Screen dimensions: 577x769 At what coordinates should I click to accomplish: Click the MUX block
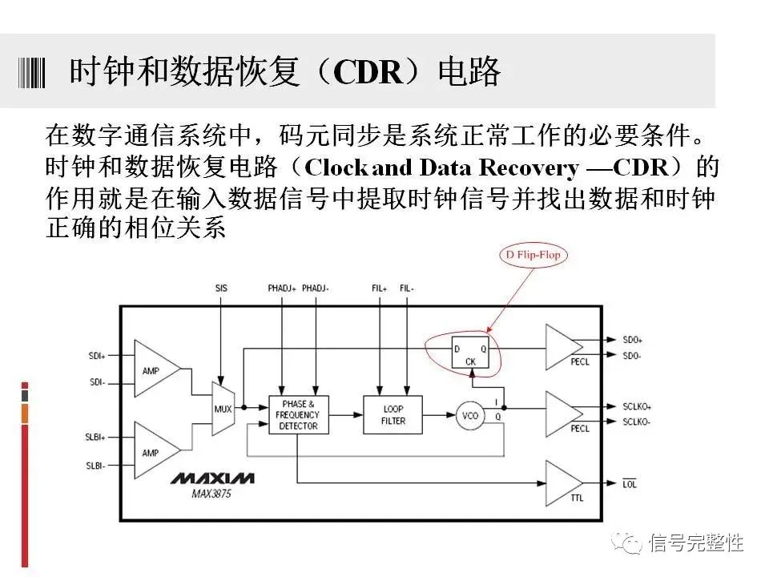(223, 408)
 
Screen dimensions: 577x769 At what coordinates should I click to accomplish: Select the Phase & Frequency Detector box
(298, 414)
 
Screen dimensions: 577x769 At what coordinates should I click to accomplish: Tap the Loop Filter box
(393, 414)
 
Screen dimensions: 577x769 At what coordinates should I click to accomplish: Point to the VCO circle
(470, 415)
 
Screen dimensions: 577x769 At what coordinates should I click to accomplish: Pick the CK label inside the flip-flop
(469, 362)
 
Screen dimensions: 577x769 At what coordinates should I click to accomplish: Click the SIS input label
(221, 288)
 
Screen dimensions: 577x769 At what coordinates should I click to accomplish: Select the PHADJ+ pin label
(282, 288)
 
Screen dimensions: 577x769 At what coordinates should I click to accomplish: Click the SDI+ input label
(97, 355)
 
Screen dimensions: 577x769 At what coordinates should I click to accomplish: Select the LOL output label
(630, 484)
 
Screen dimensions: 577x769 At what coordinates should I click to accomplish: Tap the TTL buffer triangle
(563, 483)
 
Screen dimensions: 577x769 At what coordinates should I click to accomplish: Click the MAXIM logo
(213, 478)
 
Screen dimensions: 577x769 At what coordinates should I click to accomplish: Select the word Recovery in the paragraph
(528, 168)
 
